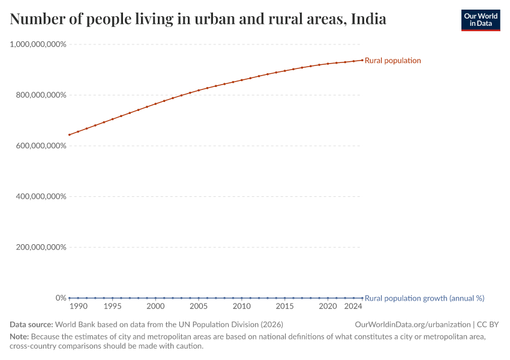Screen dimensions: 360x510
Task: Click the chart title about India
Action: pyautogui.click(x=198, y=19)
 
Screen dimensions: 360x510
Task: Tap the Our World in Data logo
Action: pyautogui.click(x=480, y=20)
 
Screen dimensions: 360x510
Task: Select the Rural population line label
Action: pyautogui.click(x=392, y=61)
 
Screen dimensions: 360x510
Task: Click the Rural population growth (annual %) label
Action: pyautogui.click(x=424, y=298)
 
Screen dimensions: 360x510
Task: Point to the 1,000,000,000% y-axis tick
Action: pyautogui.click(x=38, y=44)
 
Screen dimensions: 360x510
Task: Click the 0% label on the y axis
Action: pyautogui.click(x=61, y=298)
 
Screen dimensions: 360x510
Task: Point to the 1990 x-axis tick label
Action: pyautogui.click(x=79, y=307)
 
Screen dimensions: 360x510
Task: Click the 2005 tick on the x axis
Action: pyautogui.click(x=199, y=307)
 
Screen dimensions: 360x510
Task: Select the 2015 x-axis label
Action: pyautogui.click(x=285, y=307)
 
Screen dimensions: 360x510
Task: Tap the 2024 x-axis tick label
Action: pyautogui.click(x=354, y=307)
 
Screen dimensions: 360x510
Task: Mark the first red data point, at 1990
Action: pyautogui.click(x=70, y=134)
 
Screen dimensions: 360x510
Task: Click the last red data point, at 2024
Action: pyautogui.click(x=362, y=60)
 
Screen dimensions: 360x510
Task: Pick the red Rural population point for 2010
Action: pyautogui.click(x=242, y=80)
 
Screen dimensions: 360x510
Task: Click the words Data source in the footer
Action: pyautogui.click(x=31, y=325)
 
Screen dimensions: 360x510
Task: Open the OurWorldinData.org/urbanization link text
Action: pyautogui.click(x=413, y=325)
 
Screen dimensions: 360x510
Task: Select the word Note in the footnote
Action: pyautogui.click(x=19, y=337)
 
